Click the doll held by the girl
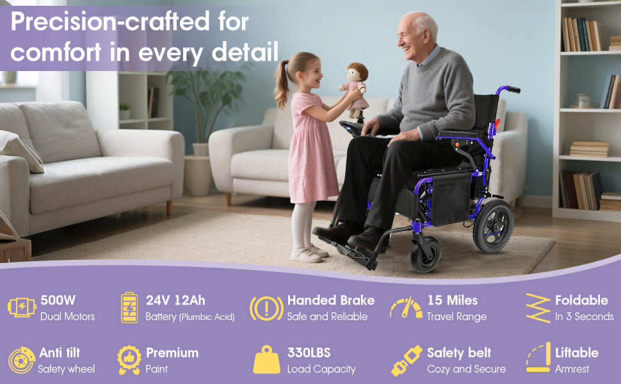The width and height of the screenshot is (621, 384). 354,90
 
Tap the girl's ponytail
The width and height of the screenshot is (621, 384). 282,84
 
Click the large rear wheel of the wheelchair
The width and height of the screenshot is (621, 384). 493,226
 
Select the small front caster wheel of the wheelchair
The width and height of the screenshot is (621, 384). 425,255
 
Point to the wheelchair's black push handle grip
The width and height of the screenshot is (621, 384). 513,90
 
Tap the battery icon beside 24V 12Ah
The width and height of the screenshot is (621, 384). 129,308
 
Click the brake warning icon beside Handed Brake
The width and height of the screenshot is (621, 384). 266,308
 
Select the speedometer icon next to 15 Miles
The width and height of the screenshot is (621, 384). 406,308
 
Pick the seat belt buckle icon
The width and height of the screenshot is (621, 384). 407,360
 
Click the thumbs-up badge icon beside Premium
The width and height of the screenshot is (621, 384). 129,360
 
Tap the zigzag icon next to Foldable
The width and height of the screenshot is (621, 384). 538,308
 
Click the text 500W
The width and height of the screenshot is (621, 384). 58,300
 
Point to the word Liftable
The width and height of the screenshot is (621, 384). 577,353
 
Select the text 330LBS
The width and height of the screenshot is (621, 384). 309,353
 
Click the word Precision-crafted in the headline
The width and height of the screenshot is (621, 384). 109,21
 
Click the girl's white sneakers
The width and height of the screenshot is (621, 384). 309,253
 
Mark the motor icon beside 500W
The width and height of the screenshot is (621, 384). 22,307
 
